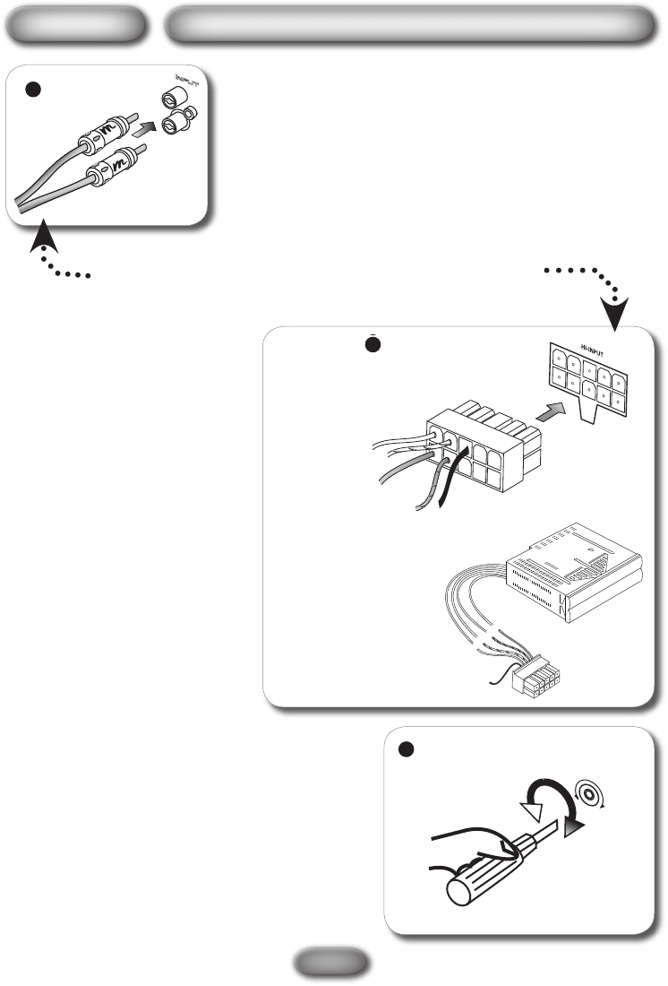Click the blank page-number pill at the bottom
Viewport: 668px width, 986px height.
(333, 963)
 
